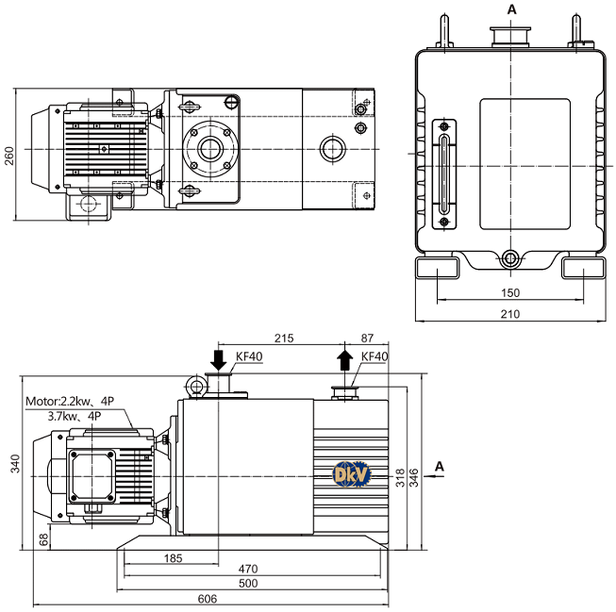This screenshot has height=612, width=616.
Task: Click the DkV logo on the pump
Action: [x=352, y=474]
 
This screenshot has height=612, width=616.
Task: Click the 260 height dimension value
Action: [x=8, y=156]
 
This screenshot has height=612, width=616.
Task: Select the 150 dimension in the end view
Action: [x=510, y=292]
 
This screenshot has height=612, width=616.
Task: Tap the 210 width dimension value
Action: [x=510, y=314]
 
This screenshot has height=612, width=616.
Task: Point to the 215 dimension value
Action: [x=284, y=339]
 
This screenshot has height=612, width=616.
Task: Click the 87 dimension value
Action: [x=367, y=339]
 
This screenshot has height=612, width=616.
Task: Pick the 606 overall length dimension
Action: [x=207, y=599]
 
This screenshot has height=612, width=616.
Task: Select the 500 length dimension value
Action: [x=248, y=584]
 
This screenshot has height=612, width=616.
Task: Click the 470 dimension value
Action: [x=248, y=569]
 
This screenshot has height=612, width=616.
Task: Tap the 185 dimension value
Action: [x=174, y=558]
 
